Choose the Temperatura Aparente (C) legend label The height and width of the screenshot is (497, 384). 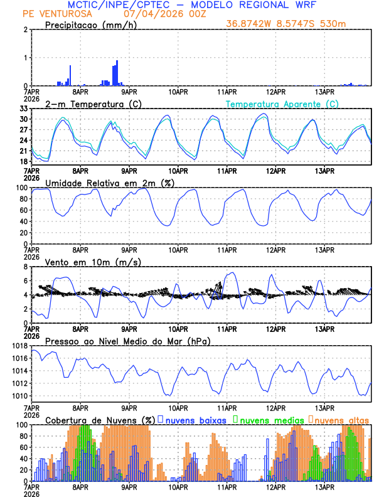point(282,104)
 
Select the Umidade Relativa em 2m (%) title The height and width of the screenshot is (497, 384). point(110,183)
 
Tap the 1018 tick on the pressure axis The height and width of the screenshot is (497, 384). point(18,346)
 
